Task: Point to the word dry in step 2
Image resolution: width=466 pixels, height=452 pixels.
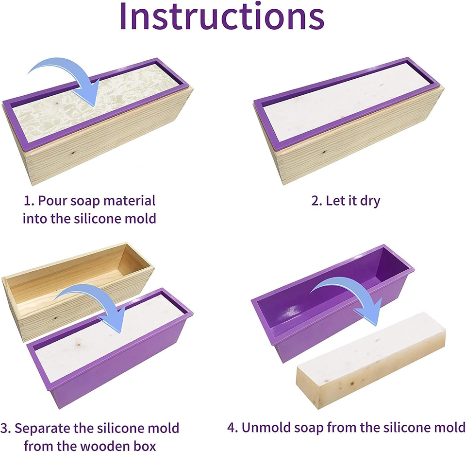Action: click(x=370, y=201)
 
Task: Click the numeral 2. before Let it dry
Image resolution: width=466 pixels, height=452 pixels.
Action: click(x=316, y=201)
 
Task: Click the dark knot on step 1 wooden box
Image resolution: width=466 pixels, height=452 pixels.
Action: click(x=72, y=153)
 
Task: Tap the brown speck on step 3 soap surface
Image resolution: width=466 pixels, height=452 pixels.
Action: click(x=79, y=345)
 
